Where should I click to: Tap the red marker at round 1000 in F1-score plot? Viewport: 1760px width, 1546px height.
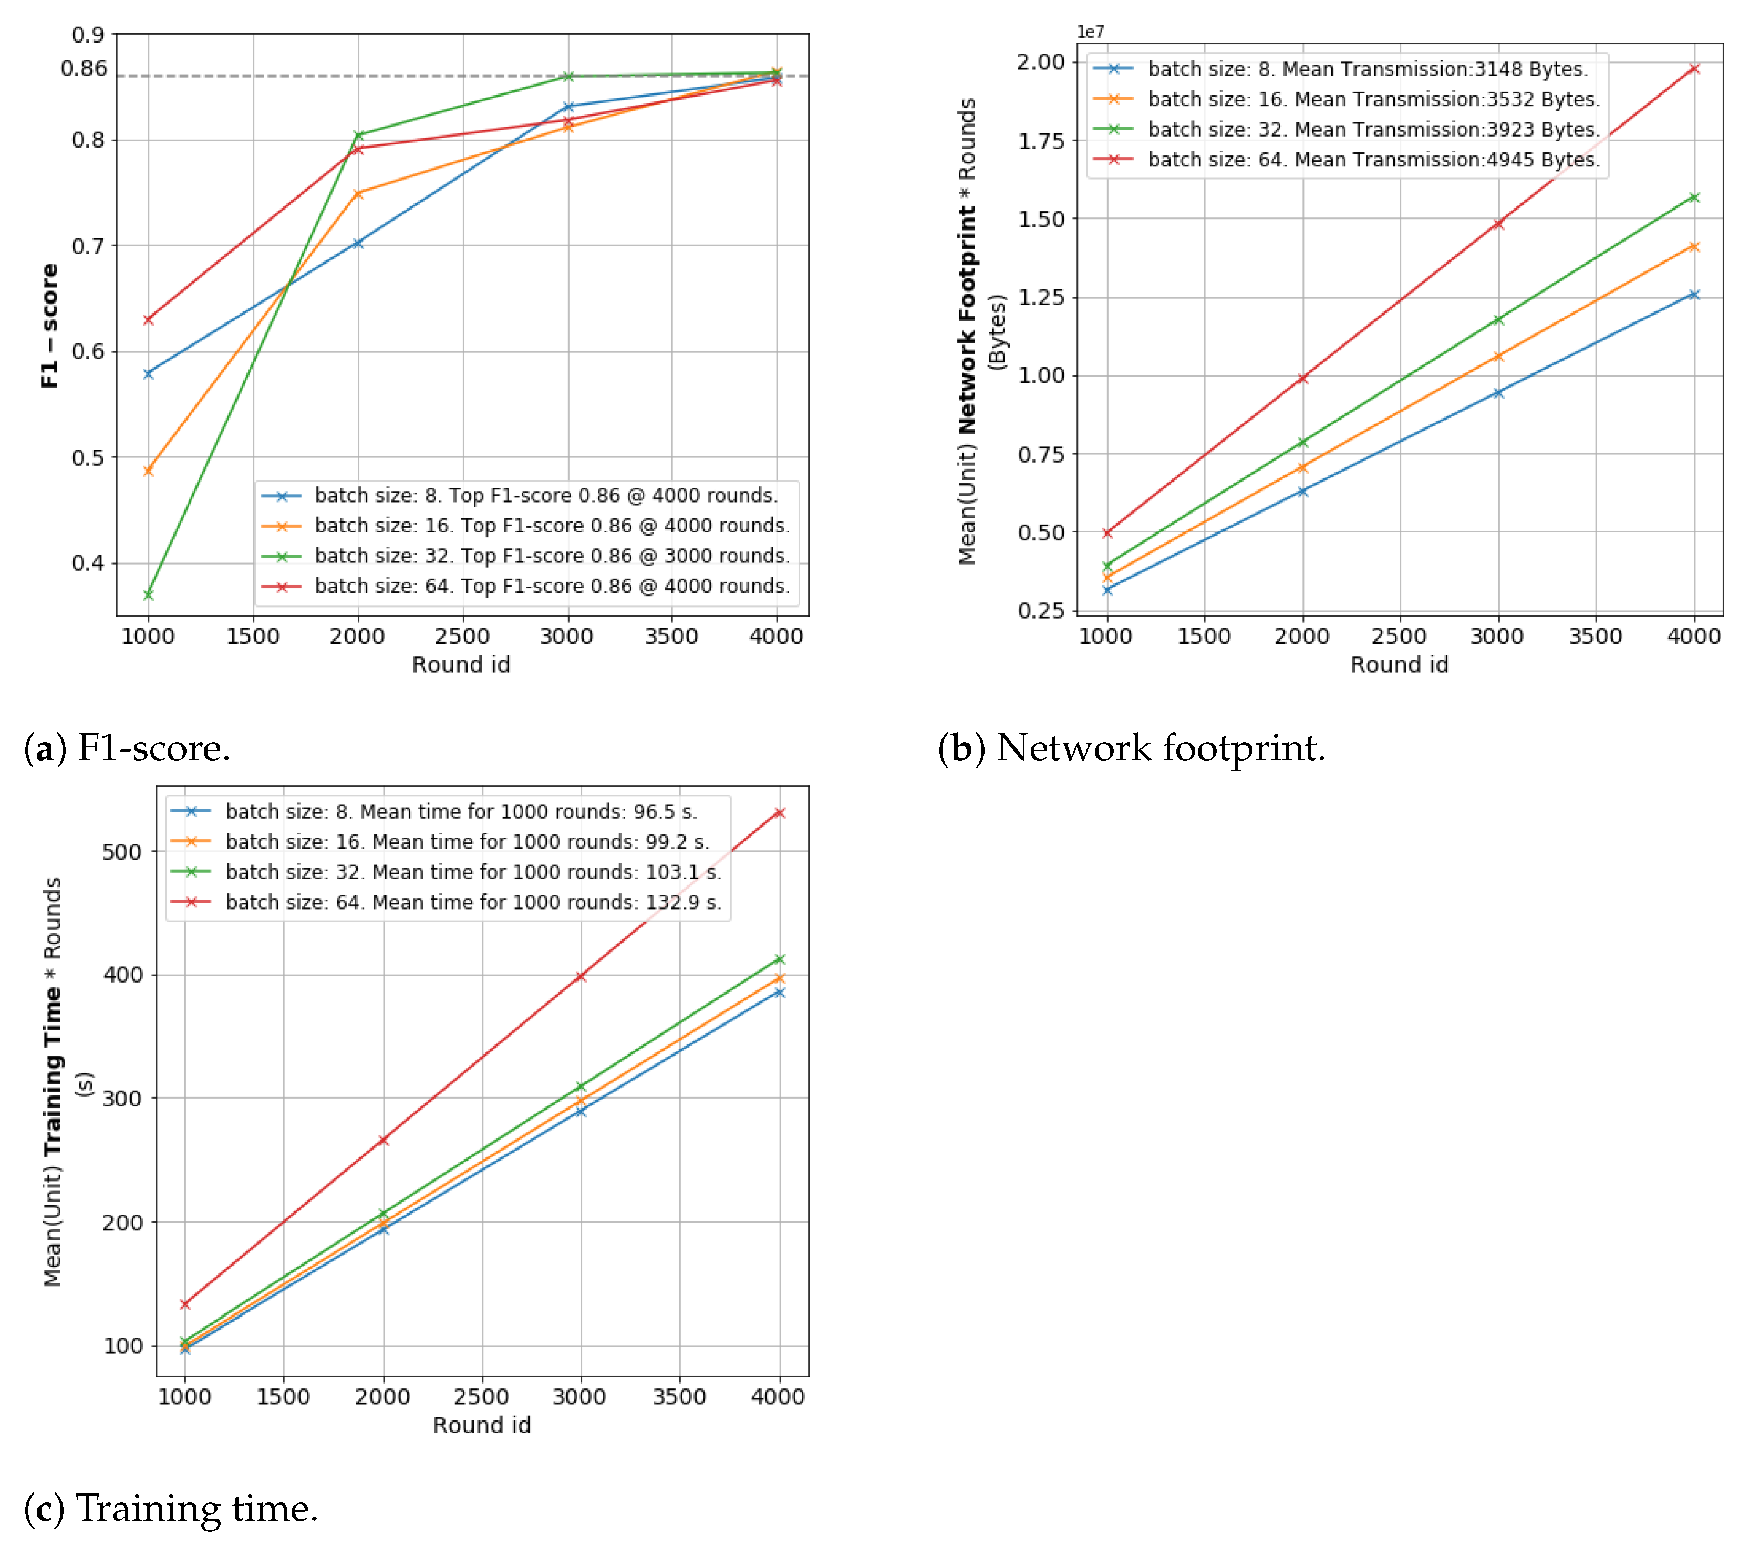click(x=148, y=319)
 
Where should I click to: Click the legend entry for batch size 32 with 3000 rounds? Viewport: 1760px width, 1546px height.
click(x=551, y=556)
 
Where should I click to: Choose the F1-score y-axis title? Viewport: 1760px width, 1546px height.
click(x=50, y=326)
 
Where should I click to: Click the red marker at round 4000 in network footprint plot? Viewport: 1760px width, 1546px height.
click(x=1694, y=69)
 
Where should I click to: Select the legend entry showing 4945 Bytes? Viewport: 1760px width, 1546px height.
click(x=1372, y=160)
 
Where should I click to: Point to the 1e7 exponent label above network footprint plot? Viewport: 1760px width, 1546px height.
click(x=1090, y=32)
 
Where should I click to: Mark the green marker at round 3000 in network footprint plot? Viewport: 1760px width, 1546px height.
click(x=1498, y=319)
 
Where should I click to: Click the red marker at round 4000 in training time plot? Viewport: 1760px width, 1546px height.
click(x=779, y=812)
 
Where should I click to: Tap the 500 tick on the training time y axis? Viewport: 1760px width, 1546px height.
click(x=121, y=852)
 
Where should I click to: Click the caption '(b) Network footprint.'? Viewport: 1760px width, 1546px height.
click(x=1132, y=747)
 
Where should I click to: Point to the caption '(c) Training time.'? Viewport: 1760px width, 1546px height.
click(x=171, y=1508)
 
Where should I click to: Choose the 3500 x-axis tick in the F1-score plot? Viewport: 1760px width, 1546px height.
click(x=671, y=636)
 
